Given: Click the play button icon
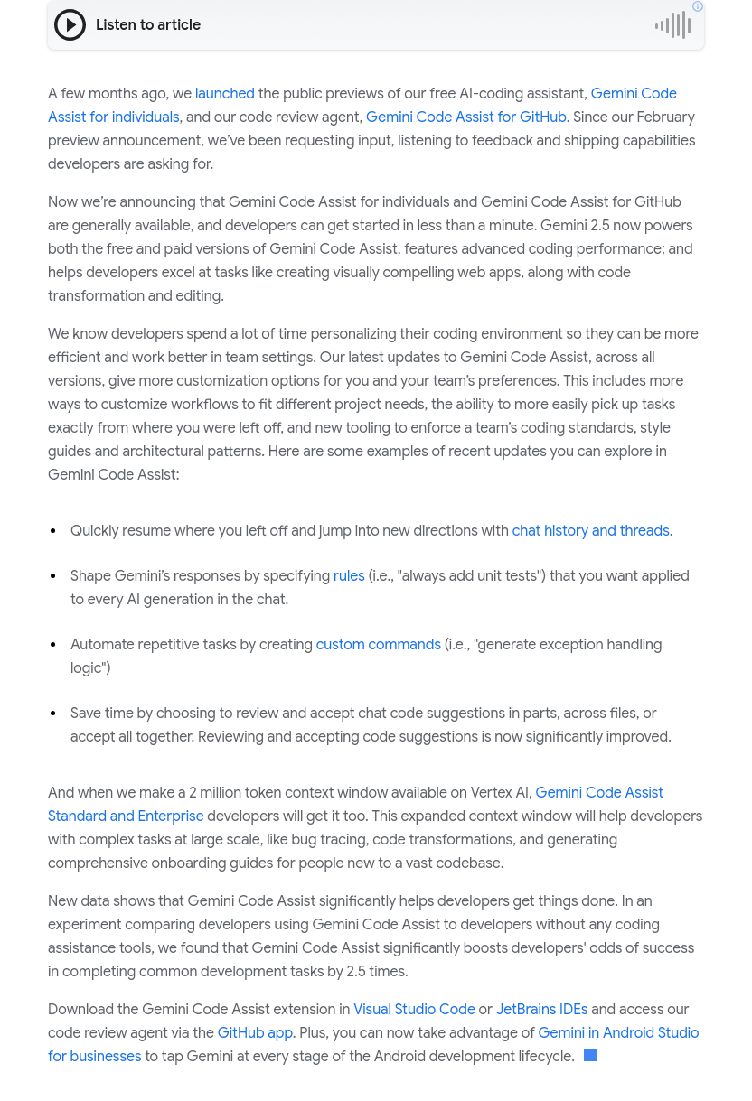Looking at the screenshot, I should coord(70,25).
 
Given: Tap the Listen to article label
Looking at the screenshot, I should coord(148,25).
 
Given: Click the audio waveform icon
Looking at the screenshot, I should coord(673,25).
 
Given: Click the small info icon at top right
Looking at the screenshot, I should coord(698,6).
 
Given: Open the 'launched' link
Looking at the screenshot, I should coord(225,94).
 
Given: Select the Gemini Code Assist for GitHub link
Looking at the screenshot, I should coord(465,117).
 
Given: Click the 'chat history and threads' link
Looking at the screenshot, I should coord(590,531).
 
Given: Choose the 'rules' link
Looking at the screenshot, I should coord(349,576).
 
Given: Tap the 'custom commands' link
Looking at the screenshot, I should coord(378,645).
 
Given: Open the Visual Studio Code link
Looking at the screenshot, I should coord(414,1010).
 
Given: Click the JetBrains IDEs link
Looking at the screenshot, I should coord(541,1010).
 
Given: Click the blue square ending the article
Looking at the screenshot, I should coord(590,1056).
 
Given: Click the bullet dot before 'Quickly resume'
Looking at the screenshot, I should coord(54,531).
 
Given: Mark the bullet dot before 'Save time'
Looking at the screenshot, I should coord(54,714).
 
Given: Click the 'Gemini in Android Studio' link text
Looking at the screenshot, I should coord(618,1033).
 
